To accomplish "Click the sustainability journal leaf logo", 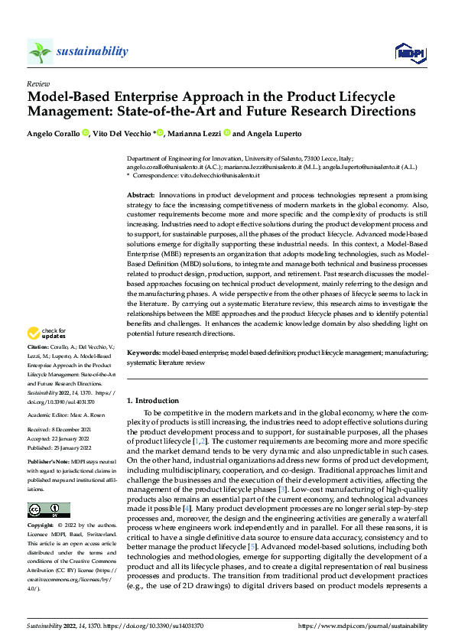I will (41, 51).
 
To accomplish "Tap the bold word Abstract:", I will (141, 197).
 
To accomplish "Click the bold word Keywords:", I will (143, 353).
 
